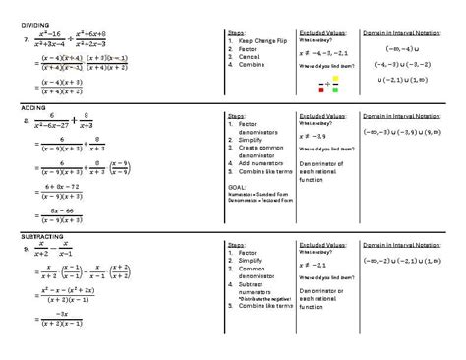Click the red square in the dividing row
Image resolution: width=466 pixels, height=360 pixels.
[x=322, y=89]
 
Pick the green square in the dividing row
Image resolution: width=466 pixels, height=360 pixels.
[x=335, y=89]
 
